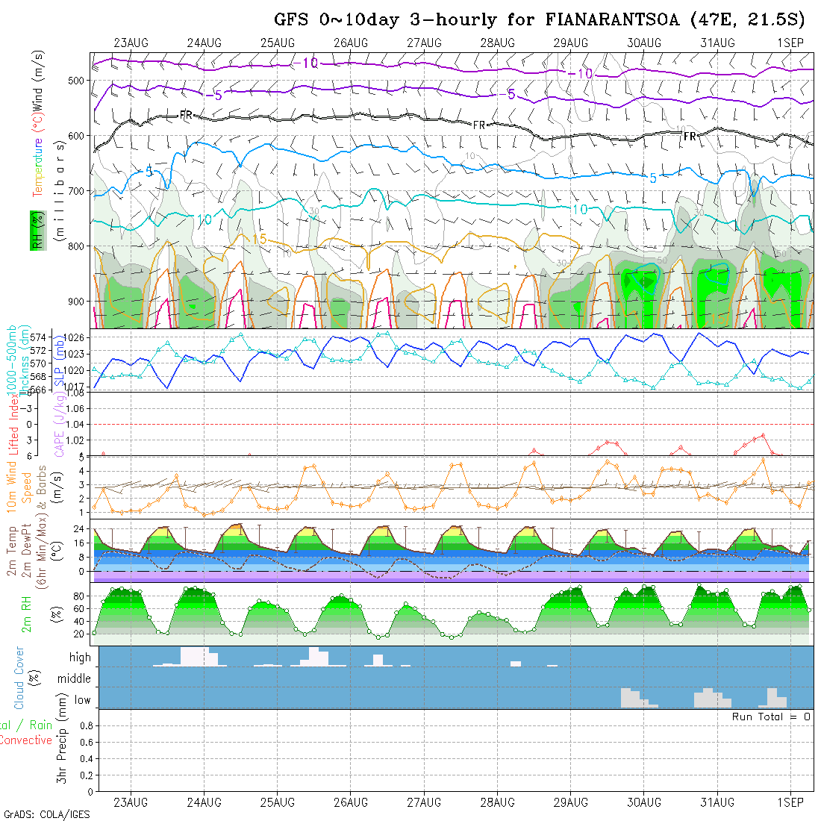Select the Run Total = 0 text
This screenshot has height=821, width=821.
772,717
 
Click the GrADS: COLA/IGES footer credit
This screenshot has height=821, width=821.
46,814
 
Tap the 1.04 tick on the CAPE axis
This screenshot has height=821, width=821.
78,424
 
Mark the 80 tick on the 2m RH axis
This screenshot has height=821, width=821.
77,596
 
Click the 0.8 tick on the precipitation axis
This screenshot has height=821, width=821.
84,725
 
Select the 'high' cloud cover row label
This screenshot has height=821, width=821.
80,658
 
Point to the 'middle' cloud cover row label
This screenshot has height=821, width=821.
75,678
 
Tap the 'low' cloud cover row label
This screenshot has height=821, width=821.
82,700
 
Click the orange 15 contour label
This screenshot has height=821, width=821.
260,239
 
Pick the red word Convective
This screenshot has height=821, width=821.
26,740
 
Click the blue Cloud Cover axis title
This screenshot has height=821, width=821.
19,678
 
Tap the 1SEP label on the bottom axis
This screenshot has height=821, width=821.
790,802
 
